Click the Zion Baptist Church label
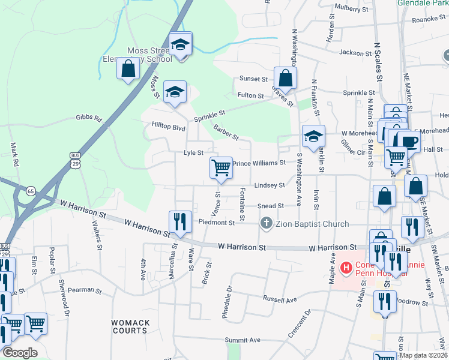[312, 224]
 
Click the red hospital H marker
[346, 267]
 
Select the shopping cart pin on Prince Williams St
[221, 168]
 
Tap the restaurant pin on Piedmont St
[180, 221]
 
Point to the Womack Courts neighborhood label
[130, 326]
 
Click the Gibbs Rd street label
[89, 118]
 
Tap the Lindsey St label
[268, 185]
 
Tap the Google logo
[20, 353]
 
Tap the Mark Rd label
[16, 151]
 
